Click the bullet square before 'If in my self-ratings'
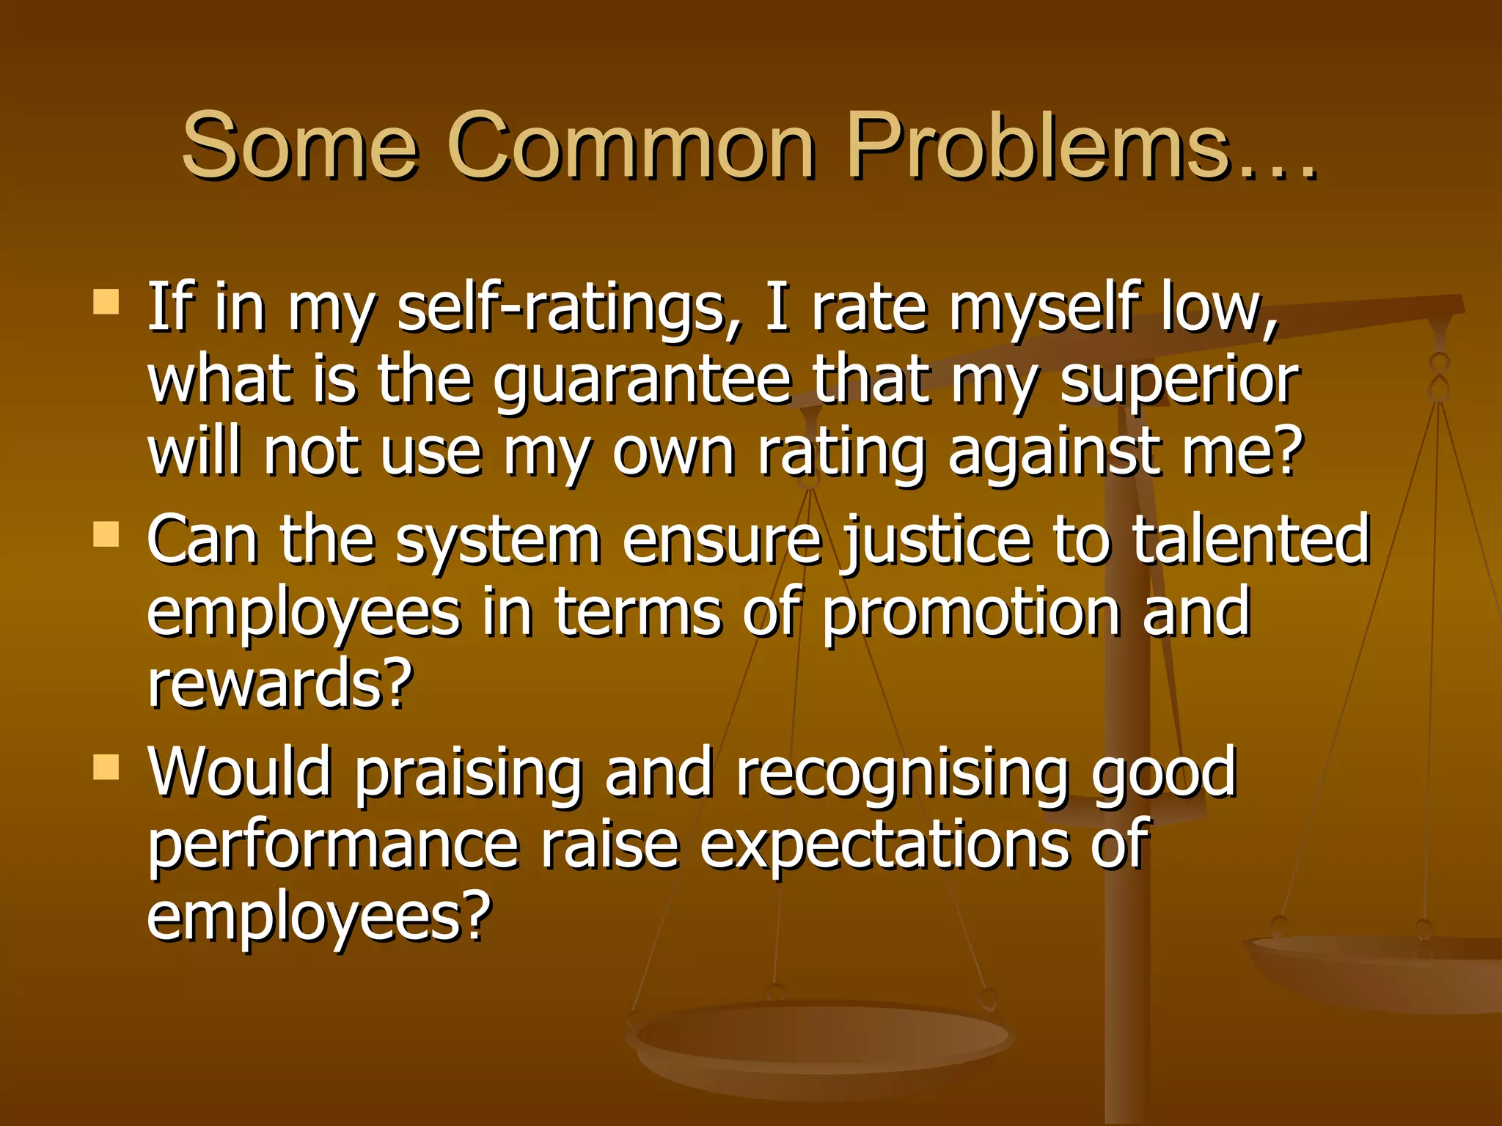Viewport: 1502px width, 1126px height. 106,301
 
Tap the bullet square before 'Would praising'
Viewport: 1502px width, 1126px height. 106,767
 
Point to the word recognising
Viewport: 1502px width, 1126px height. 901,774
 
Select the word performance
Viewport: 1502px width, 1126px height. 334,847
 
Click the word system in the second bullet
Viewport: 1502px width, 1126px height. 498,542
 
